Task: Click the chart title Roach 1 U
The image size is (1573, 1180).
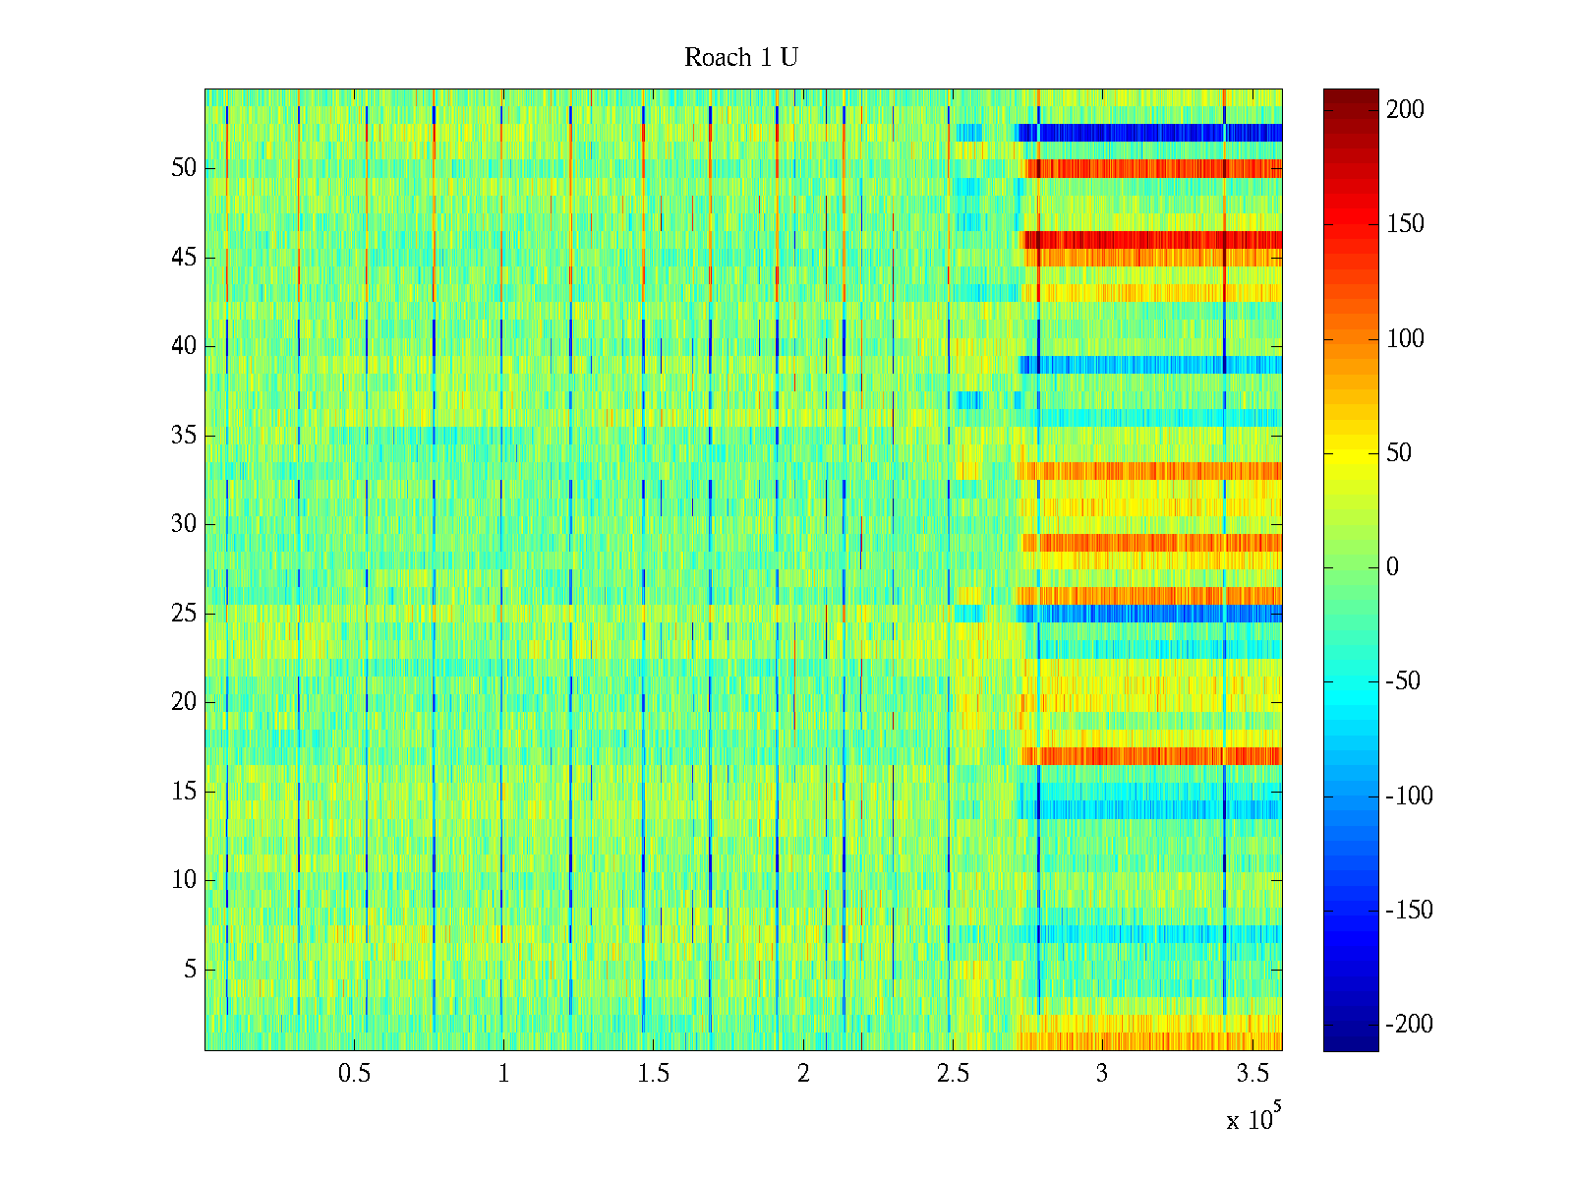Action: point(740,58)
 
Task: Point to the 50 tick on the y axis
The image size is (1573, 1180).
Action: point(184,168)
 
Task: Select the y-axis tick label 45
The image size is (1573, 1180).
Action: point(184,258)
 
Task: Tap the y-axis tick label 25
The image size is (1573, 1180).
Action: point(184,614)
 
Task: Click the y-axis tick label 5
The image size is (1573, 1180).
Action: point(190,970)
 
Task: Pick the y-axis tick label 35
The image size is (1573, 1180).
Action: point(184,436)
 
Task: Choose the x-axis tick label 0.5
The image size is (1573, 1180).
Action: point(354,1074)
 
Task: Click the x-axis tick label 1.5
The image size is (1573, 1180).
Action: point(653,1074)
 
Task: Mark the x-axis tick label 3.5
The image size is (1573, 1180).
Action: point(1252,1074)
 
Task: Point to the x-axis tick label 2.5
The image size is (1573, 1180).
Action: point(953,1074)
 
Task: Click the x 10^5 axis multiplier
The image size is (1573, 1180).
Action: point(1253,1119)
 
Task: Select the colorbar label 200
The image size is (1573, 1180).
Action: point(1405,110)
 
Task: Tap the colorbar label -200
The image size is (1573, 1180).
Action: point(1409,1025)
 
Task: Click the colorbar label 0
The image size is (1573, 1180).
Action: point(1392,567)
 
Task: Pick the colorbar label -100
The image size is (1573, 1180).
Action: point(1409,796)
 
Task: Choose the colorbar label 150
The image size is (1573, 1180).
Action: point(1405,224)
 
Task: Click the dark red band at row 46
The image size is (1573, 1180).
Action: point(1150,240)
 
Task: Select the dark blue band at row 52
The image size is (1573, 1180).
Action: point(1150,133)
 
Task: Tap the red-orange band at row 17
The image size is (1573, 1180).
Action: point(1150,755)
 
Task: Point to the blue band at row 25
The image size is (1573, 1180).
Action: point(1150,614)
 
